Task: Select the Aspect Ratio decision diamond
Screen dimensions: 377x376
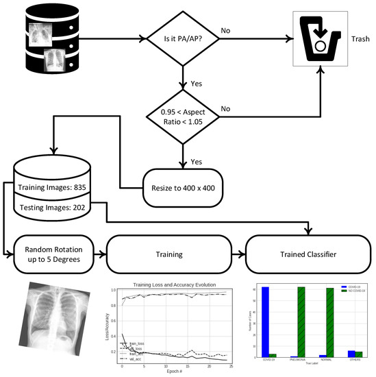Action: (x=181, y=117)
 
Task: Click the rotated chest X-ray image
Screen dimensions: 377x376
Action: (x=51, y=323)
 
